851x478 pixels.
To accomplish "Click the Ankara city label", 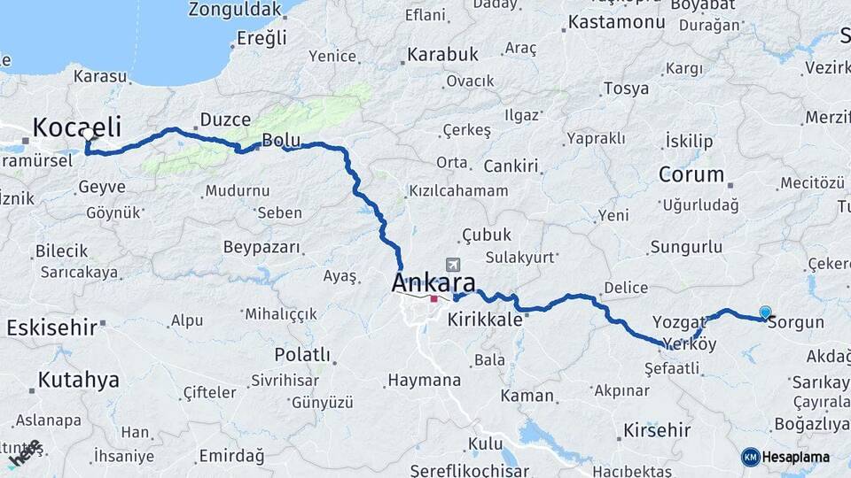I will tap(433, 284).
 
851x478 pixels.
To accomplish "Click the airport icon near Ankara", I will tap(455, 265).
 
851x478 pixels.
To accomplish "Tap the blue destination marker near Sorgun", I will tap(765, 312).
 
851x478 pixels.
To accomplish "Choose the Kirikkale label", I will tap(484, 320).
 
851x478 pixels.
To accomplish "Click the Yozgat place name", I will tap(678, 320).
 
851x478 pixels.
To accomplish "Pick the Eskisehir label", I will tap(51, 328).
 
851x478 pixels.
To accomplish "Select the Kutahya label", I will tap(78, 381).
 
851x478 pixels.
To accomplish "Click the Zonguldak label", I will tap(233, 10).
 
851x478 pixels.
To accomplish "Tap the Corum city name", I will tap(691, 174).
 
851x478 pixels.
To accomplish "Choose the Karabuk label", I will tap(442, 55).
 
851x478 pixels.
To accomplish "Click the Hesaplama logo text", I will tap(798, 457).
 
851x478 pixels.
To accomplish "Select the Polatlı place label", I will tap(301, 355).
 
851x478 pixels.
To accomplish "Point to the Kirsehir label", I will tap(657, 430).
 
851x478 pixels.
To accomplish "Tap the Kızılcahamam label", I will tap(458, 191).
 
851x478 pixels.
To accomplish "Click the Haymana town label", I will tap(424, 380).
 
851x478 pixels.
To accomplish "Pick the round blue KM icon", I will tap(750, 457).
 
